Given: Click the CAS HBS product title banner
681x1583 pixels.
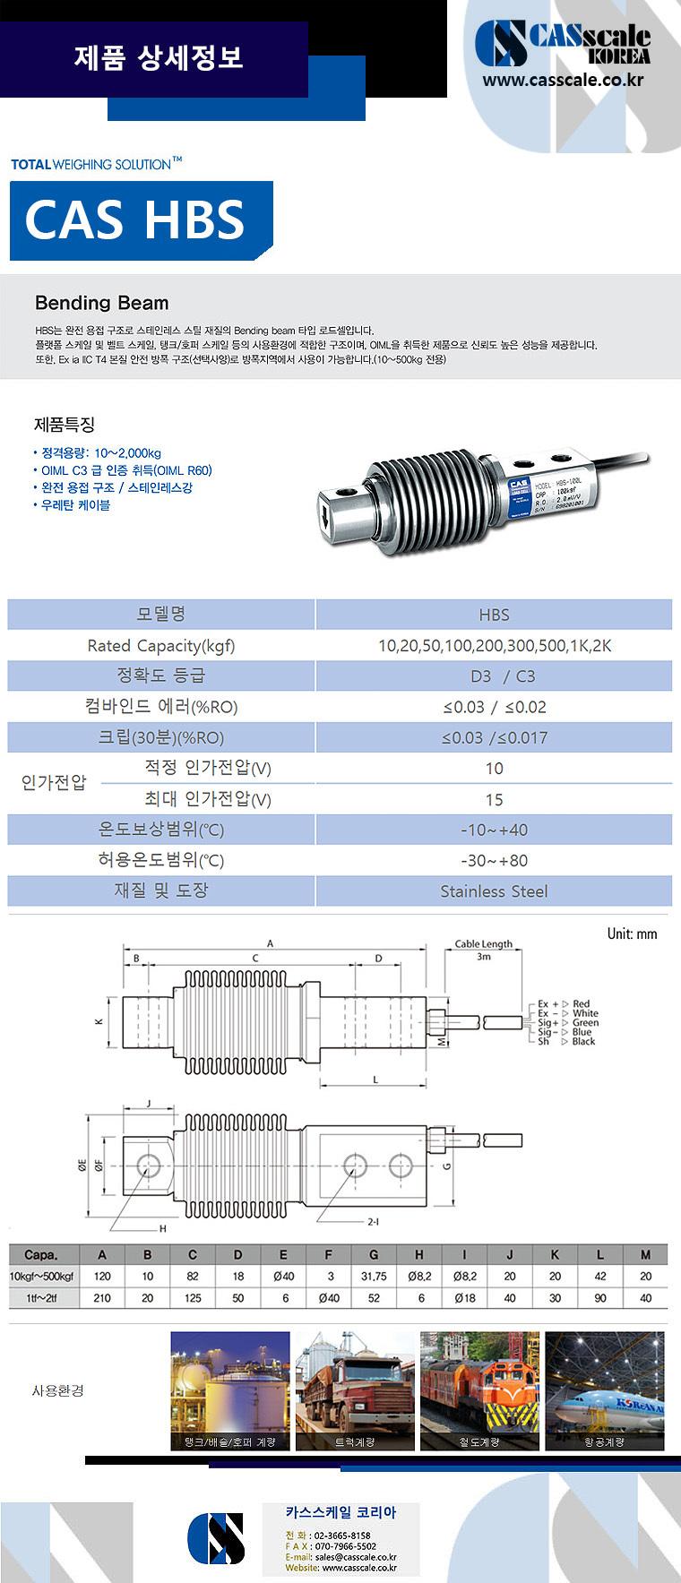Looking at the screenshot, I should click(x=136, y=220).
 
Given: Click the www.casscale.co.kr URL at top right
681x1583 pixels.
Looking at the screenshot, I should click(x=563, y=80).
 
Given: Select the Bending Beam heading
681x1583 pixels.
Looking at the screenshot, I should click(x=101, y=303).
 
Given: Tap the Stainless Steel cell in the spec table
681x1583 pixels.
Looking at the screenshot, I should click(x=494, y=891).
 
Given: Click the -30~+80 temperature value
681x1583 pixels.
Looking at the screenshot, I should click(x=494, y=860).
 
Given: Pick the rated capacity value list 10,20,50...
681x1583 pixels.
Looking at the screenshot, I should click(x=494, y=646).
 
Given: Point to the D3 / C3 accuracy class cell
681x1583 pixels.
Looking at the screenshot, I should click(x=494, y=676).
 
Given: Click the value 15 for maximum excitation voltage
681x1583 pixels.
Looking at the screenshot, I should click(x=494, y=799).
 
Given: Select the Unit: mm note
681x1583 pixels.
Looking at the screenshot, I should click(x=632, y=933).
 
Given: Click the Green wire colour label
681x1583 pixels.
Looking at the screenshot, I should click(x=585, y=1022).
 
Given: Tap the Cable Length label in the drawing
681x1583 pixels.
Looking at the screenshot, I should click(x=483, y=943).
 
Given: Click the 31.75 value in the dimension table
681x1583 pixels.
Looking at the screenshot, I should click(x=374, y=1277).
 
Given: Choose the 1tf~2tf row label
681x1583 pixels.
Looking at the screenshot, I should click(x=41, y=1298).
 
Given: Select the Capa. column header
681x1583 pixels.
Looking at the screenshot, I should click(x=41, y=1255).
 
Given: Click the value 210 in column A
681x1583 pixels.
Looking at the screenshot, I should click(x=102, y=1298).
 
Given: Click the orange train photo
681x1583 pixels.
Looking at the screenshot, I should click(x=479, y=1390).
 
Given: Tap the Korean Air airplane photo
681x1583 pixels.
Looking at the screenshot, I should click(x=605, y=1390).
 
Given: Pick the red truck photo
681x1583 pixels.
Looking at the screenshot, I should click(x=355, y=1390).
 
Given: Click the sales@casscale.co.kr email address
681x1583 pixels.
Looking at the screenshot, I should click(x=356, y=1557).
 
